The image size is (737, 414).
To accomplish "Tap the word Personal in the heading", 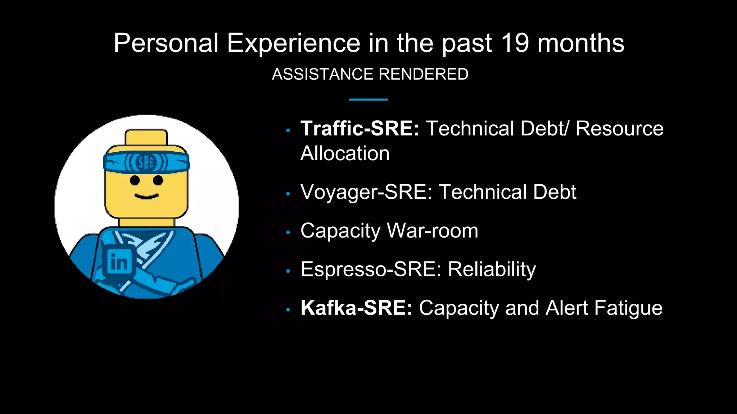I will click(166, 43).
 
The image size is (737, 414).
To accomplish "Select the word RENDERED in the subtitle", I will click(423, 74).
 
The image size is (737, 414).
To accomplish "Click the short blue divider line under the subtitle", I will click(368, 100).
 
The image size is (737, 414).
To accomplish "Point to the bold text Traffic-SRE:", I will click(360, 128).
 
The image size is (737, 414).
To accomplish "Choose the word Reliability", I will click(492, 269).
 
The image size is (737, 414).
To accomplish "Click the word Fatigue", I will click(628, 308).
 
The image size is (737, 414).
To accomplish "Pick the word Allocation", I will click(345, 153).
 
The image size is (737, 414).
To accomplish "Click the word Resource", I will click(619, 128).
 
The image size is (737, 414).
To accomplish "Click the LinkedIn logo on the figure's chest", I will click(119, 262).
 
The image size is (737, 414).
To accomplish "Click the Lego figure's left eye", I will click(135, 180).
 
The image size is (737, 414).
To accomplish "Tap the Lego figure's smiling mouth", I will click(146, 196).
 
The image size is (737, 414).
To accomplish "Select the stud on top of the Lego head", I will click(146, 137).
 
